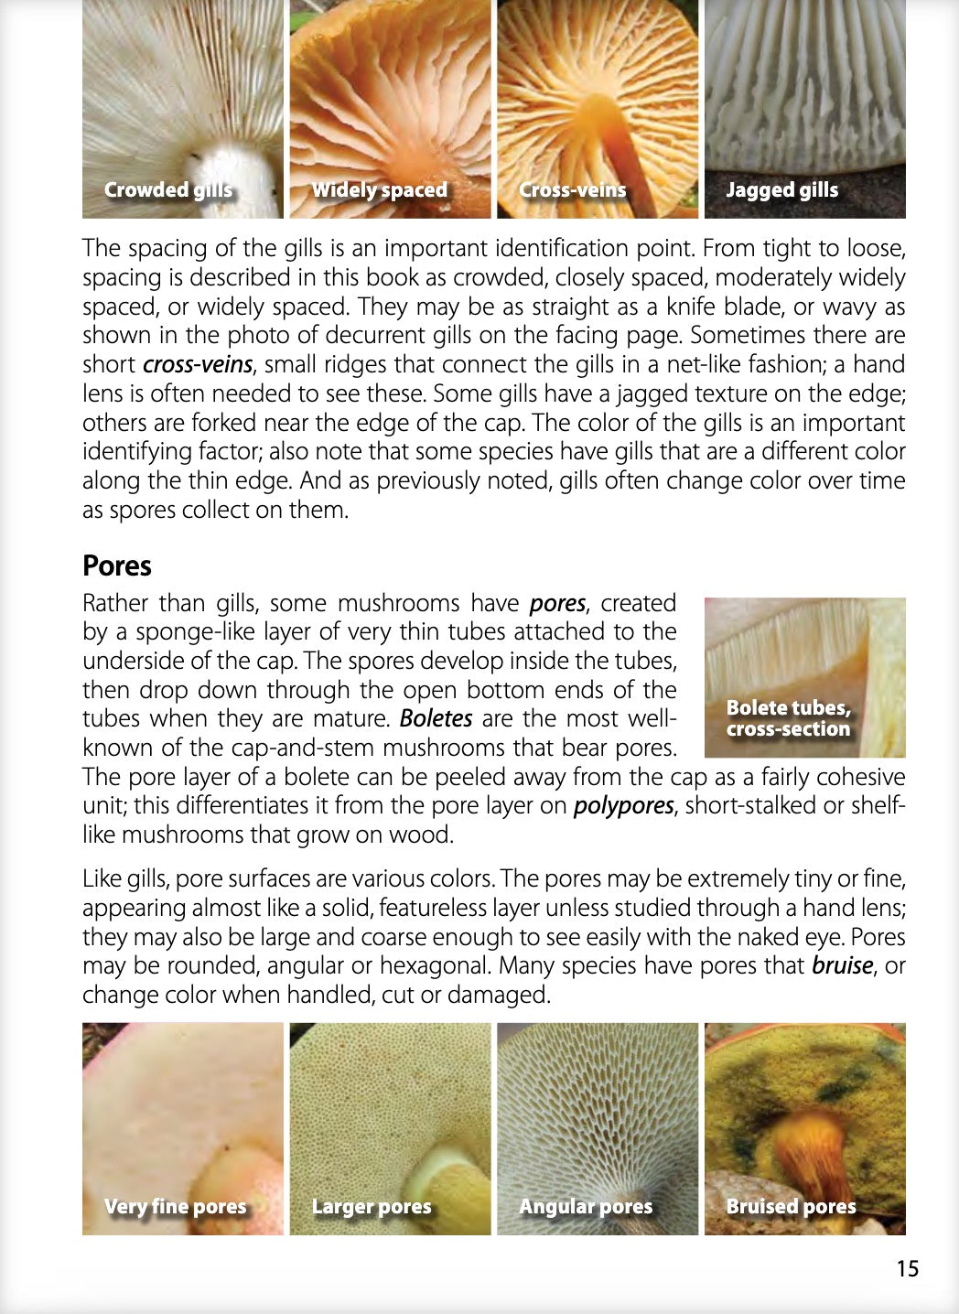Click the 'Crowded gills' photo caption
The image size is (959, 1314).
coord(167,190)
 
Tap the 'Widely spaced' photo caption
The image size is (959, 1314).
coord(379,190)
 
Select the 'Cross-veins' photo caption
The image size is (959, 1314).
coord(572,190)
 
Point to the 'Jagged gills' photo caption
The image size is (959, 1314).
coord(781,190)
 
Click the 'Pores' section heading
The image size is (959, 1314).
coord(117,565)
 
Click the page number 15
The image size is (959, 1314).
coord(907,1268)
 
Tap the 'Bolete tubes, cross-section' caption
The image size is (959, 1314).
coord(788,718)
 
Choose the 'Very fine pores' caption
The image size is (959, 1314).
coord(175,1206)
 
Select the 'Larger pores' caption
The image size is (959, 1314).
coord(371,1206)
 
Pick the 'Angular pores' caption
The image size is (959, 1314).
coord(586,1206)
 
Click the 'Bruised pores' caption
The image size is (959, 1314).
coord(791,1206)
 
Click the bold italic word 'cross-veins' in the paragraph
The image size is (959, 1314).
coord(197,364)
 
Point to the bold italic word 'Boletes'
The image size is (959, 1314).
coord(436,718)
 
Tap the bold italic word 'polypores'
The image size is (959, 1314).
coord(623,806)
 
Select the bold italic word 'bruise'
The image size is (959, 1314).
coord(842,965)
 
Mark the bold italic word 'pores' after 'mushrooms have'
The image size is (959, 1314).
coord(557,603)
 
